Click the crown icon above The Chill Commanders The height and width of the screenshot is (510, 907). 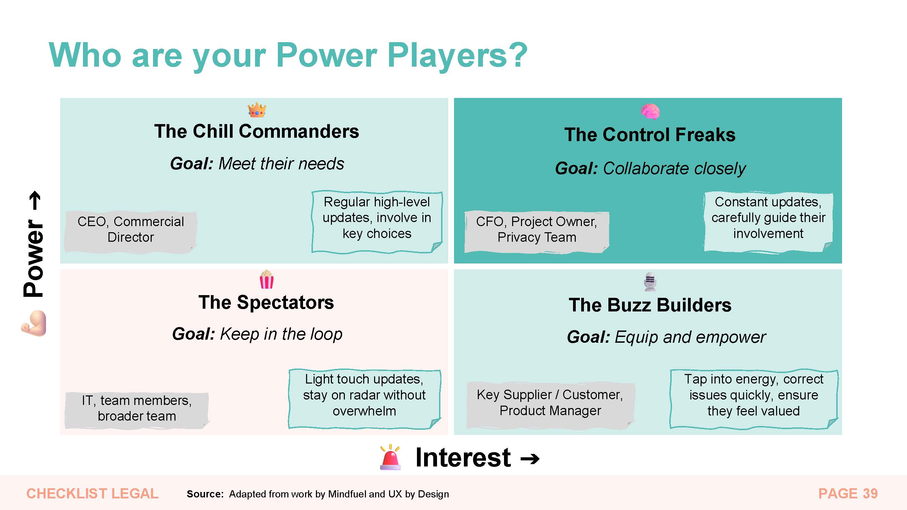pos(257,110)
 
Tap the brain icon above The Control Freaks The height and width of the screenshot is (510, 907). pos(650,112)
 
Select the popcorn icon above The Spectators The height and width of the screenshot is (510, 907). pos(267,279)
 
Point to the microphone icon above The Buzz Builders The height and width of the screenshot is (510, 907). pos(650,282)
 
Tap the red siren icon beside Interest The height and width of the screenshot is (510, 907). pos(390,457)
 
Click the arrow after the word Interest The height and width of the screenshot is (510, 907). pos(530,459)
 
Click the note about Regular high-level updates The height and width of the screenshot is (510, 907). pos(377,222)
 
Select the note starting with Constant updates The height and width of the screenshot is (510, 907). pos(768,222)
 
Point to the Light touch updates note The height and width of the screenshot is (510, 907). pos(365,399)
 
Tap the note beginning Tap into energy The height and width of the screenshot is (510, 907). pos(754,399)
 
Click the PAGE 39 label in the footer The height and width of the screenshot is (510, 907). pos(848,493)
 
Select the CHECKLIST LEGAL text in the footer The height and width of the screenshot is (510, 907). pos(93,493)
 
